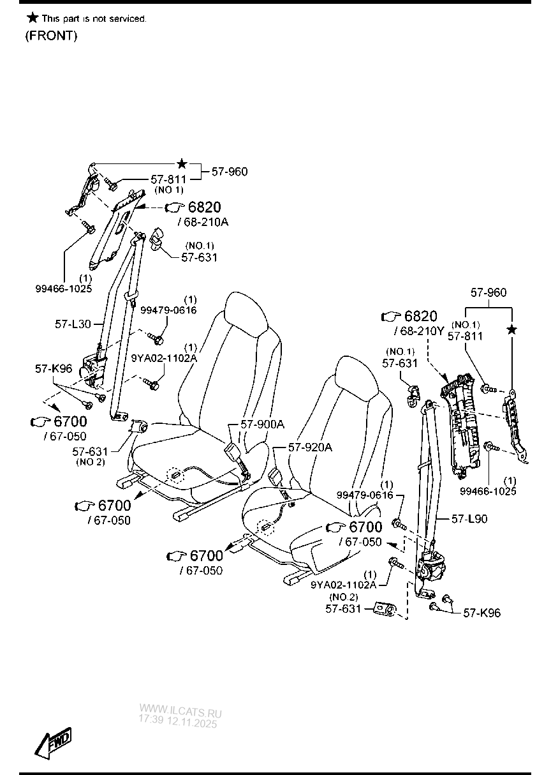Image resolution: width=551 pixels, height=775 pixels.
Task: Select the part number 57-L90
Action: point(469,519)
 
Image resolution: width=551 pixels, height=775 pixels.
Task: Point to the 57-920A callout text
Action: point(310,448)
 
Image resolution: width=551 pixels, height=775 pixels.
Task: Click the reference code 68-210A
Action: point(205,222)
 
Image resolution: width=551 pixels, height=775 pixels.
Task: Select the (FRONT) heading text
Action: point(51,36)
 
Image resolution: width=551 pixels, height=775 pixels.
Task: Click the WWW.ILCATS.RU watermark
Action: point(180,710)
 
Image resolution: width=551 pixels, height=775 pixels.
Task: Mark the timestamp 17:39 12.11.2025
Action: point(178,721)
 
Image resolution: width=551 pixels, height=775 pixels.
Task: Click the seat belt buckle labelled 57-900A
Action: point(233,455)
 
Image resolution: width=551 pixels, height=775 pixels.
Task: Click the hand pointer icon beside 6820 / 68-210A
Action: point(174,207)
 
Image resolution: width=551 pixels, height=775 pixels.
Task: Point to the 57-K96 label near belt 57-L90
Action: point(481,613)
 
